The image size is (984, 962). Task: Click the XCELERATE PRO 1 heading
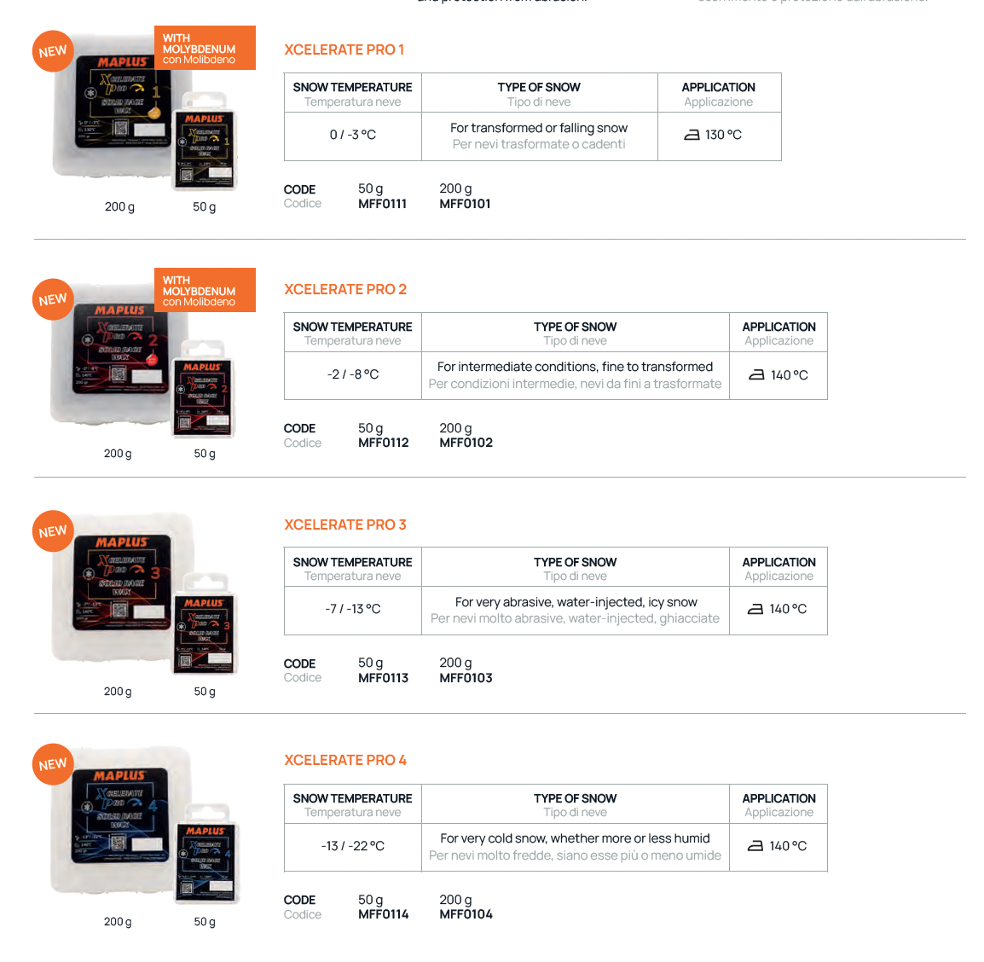click(344, 49)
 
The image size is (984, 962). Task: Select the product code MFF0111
click(382, 204)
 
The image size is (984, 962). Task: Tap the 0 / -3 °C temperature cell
click(352, 135)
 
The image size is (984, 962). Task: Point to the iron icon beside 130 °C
click(692, 135)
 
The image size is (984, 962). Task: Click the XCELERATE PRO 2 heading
click(344, 289)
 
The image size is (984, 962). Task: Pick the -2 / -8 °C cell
click(352, 374)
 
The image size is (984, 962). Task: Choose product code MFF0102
click(466, 443)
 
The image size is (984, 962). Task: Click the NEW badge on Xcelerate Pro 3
click(52, 531)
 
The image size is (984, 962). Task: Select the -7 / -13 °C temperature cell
click(352, 609)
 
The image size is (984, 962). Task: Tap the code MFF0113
click(383, 678)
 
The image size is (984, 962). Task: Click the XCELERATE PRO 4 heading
click(344, 760)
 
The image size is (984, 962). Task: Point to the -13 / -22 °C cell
click(352, 846)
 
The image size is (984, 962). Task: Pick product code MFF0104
click(466, 914)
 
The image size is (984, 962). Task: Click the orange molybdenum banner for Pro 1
click(205, 49)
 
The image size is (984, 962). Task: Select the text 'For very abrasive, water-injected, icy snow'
click(576, 602)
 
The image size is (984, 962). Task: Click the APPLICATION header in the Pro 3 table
click(779, 562)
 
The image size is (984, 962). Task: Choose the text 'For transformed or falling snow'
click(539, 128)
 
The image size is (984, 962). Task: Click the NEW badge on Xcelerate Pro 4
click(52, 764)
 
